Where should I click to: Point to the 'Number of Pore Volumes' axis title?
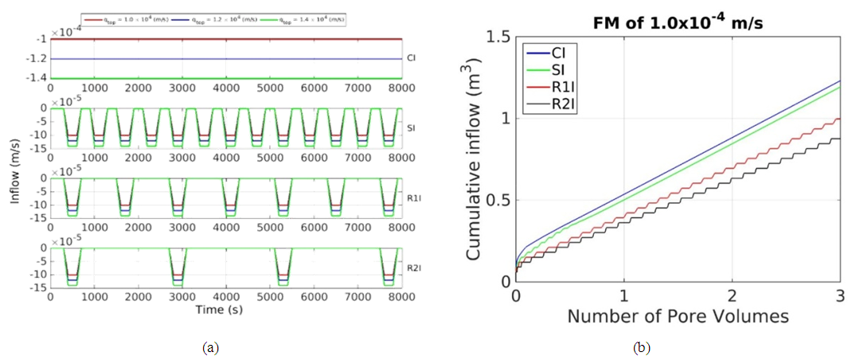pos(678,316)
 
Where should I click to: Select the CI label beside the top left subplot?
pos(411,58)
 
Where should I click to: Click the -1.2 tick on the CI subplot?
pos(36,59)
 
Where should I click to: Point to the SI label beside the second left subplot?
pos(411,127)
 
